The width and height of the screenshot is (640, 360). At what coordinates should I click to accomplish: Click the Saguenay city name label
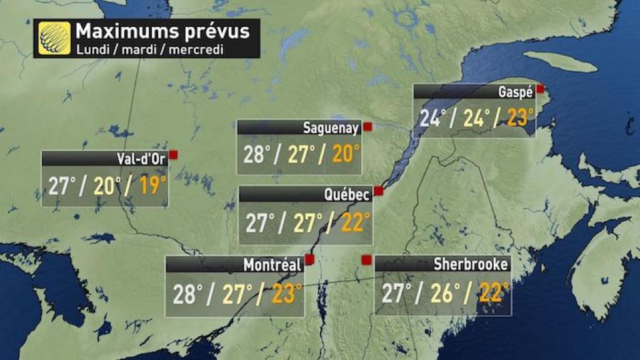click(x=331, y=129)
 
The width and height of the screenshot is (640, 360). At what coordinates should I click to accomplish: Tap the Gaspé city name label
click(x=516, y=92)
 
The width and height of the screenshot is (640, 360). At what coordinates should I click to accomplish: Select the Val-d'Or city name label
click(x=141, y=159)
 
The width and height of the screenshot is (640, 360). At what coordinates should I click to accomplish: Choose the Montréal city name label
click(x=272, y=265)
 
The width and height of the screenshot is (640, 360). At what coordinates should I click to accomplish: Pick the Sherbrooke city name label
click(x=471, y=264)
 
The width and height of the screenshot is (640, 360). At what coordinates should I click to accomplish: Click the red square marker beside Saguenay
click(x=367, y=126)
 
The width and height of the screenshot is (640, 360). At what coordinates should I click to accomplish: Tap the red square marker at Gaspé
click(x=540, y=89)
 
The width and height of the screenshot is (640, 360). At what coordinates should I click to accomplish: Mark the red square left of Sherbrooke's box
click(x=366, y=259)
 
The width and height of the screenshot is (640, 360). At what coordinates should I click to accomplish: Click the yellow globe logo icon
click(x=54, y=37)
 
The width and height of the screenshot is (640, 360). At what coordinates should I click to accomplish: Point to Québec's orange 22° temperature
click(x=352, y=222)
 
